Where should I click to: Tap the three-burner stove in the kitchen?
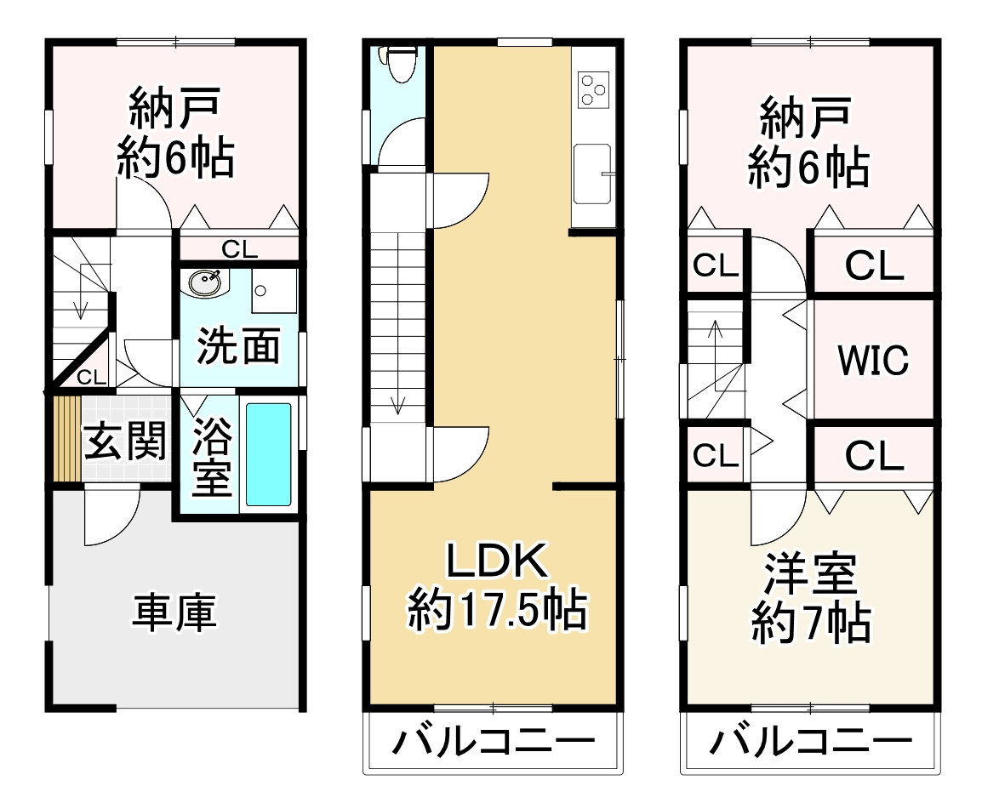tap(593, 88)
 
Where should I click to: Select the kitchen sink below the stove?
tap(592, 174)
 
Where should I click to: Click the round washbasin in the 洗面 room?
tap(205, 283)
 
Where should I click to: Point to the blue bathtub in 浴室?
tap(269, 454)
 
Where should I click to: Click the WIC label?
tap(873, 360)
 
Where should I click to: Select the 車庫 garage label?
tap(174, 612)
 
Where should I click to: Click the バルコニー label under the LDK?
tap(493, 744)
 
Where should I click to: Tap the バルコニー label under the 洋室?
tap(810, 744)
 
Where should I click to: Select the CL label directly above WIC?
tap(873, 266)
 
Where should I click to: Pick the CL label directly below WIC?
tap(873, 457)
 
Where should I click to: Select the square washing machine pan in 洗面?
tap(272, 291)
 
